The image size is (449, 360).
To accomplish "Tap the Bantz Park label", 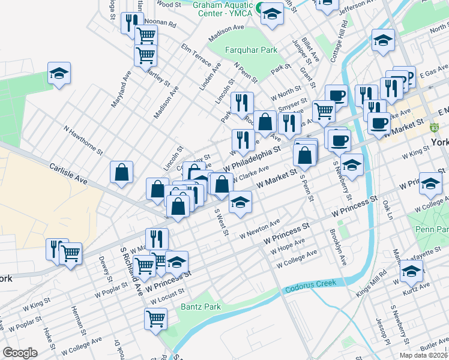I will pos(200,307).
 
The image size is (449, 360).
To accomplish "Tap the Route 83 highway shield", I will pos(434,127).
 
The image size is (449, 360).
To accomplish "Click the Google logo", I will pos(20,353).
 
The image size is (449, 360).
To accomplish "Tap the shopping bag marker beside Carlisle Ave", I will pos(121,172).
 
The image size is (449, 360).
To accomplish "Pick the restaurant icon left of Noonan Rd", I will pos(128,23).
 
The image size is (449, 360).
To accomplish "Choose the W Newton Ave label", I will pos(260,230).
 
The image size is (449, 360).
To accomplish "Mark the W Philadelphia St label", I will pos(252,157).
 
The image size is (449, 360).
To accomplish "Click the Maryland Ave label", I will pos(121,90).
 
